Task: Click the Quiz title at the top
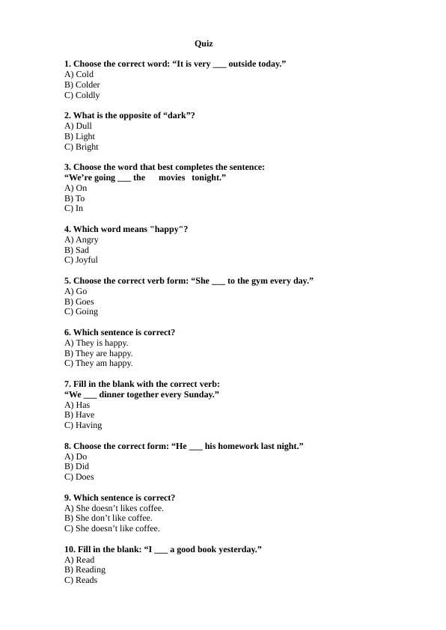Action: point(204,44)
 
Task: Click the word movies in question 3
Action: point(171,178)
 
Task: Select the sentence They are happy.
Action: point(98,353)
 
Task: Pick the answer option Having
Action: point(83,426)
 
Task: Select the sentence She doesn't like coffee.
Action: point(111,528)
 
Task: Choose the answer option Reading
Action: point(85,570)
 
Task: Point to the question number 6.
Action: point(67,333)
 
